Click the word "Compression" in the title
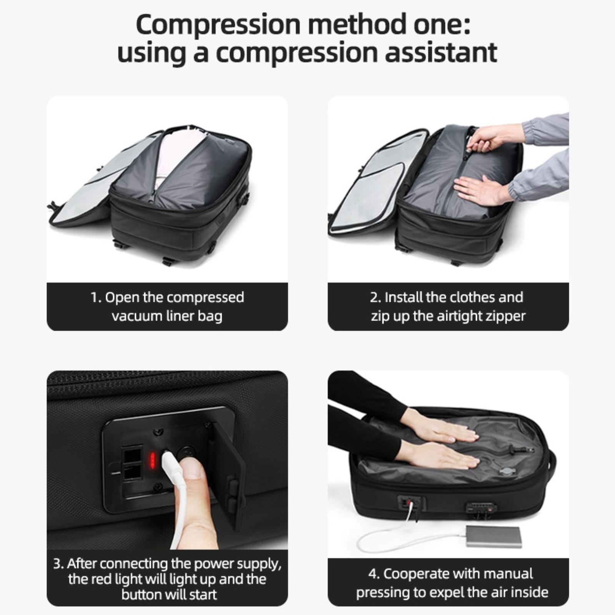(x=218, y=25)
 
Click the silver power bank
(x=494, y=536)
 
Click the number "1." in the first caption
(x=96, y=298)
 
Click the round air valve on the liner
(x=505, y=471)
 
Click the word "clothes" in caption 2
(x=472, y=297)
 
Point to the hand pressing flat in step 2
(x=480, y=190)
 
